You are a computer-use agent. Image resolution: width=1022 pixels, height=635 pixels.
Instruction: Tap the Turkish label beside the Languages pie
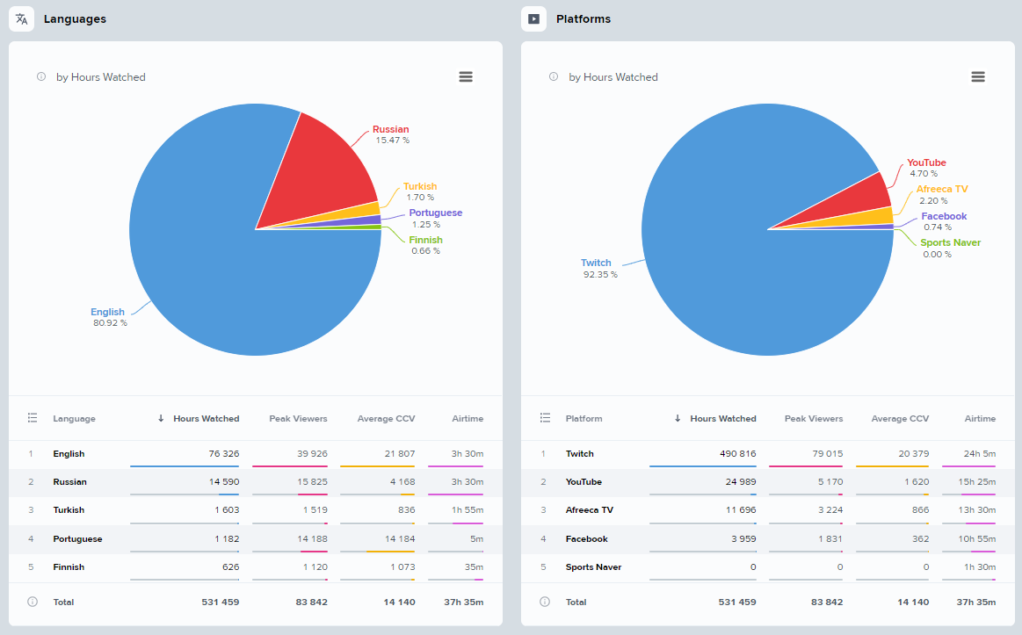419,186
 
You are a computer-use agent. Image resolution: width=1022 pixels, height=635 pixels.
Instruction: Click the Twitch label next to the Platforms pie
596,263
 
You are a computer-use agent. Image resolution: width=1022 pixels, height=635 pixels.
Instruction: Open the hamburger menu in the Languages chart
466,77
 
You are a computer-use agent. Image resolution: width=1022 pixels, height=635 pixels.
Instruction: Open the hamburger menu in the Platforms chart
977,77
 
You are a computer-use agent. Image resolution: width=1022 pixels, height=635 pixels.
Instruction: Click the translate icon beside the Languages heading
22,18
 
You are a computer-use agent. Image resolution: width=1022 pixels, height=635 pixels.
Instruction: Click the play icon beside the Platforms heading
533,18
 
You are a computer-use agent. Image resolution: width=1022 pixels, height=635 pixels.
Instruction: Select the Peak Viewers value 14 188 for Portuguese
308,538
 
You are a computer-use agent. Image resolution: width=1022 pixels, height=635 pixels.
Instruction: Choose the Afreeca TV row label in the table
589,510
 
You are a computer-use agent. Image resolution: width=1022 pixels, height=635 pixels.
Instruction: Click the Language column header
74,419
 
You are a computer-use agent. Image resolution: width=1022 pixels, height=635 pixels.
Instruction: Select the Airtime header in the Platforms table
980,419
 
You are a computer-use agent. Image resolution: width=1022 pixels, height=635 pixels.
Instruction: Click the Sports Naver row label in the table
593,567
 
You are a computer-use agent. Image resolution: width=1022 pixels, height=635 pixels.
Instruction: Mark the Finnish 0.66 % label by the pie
425,245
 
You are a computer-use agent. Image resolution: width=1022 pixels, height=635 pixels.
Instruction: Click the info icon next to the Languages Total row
33,602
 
